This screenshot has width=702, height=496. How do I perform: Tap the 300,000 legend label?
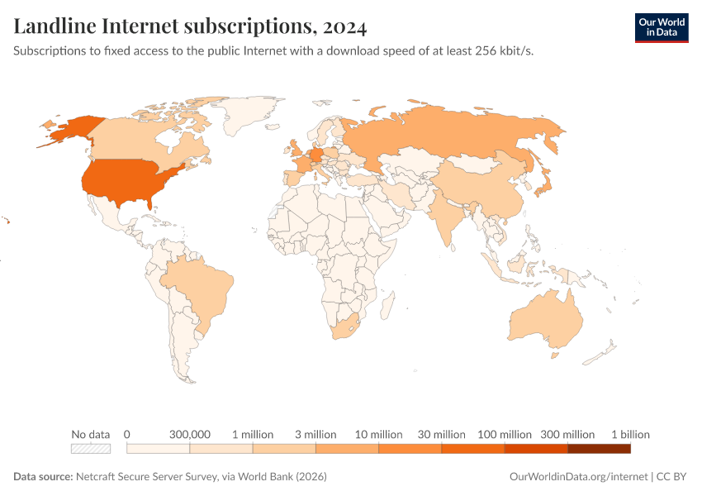[x=190, y=434]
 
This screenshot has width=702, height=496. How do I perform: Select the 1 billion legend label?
[x=630, y=434]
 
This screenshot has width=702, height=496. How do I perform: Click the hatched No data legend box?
[x=91, y=449]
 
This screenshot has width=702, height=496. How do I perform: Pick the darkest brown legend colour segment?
[x=599, y=449]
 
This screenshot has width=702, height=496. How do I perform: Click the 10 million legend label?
[x=378, y=434]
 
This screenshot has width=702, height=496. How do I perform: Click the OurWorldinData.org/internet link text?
[x=578, y=477]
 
